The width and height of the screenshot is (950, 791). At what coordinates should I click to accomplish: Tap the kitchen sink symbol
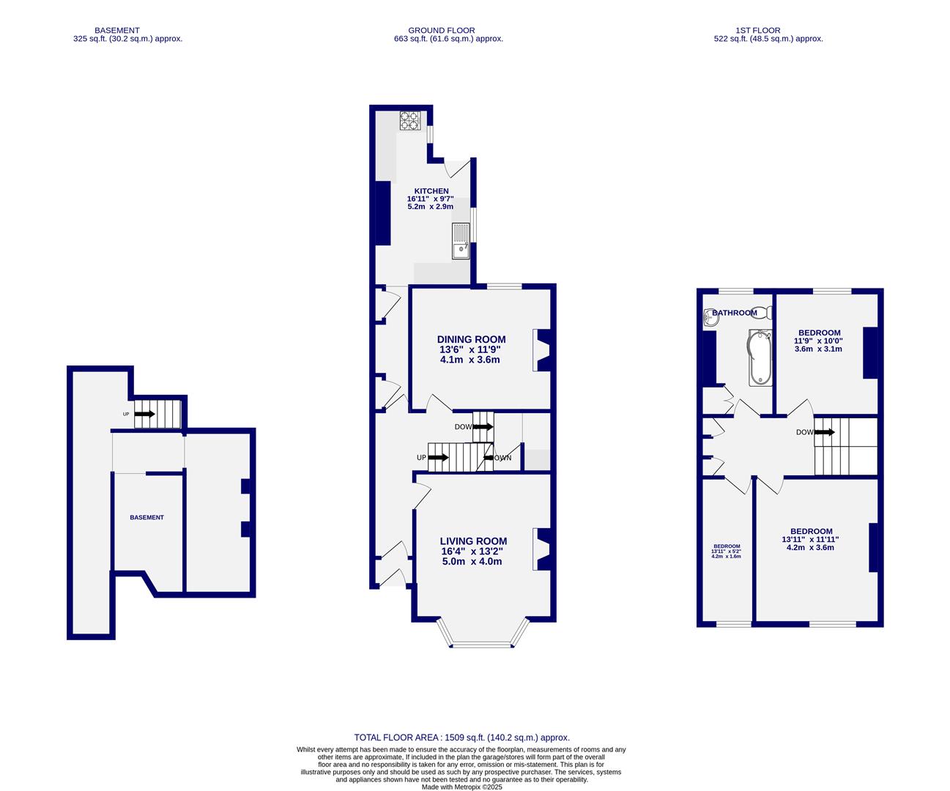461,241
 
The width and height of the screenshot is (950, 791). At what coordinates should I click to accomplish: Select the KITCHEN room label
431,191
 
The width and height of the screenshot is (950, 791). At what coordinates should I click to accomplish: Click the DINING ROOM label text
471,339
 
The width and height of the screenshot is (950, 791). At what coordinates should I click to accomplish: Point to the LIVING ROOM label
472,541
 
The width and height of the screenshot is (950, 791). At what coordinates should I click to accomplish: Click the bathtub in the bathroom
760,357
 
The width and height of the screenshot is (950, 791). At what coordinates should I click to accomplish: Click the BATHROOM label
735,313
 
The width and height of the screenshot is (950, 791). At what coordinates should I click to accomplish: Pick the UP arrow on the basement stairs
144,414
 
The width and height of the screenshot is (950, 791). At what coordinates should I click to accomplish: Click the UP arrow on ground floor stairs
438,458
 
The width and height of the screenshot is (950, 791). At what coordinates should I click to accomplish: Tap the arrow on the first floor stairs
825,432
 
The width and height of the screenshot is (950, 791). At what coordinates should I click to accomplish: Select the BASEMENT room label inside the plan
147,518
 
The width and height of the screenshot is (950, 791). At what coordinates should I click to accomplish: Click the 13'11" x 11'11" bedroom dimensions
810,539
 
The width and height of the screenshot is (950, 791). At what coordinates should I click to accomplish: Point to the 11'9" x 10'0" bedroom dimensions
818,341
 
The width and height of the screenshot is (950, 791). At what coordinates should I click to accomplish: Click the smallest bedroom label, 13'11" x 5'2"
727,551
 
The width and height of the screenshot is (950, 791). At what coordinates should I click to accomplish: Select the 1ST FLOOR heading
768,31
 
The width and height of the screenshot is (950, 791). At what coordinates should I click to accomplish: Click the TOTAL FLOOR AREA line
461,738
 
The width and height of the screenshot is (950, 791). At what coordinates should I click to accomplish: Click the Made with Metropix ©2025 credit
461,787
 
